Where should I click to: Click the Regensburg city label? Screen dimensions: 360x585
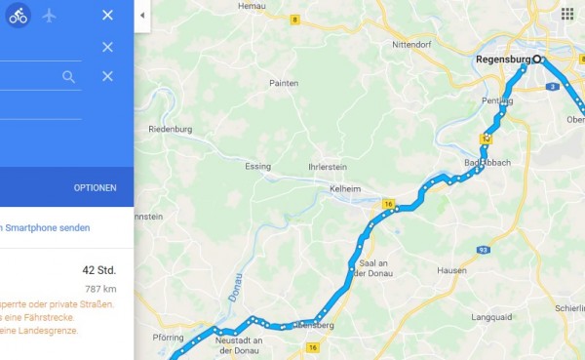503,60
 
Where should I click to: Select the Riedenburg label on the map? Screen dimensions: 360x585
171,130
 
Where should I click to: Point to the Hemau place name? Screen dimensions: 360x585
252,6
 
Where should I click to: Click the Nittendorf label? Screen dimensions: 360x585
410,45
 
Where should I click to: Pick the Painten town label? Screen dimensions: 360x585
284,84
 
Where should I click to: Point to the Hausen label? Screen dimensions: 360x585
451,270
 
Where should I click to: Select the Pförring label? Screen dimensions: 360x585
168,338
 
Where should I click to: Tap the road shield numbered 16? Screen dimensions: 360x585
388,204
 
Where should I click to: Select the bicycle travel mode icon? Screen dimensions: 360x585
19,16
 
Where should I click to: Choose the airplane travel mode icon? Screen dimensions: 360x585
49,16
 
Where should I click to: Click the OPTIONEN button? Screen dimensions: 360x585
95,187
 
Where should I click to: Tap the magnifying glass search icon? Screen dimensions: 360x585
68,76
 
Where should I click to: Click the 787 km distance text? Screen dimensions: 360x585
100,289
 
